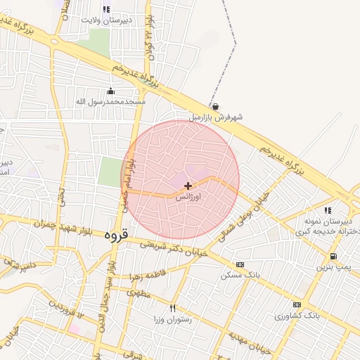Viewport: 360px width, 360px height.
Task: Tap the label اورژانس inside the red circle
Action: coord(188,198)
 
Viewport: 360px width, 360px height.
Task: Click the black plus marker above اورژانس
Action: coord(188,186)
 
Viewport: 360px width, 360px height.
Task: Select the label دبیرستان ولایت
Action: coord(108,21)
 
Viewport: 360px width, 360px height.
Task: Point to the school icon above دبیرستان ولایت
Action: coord(106,9)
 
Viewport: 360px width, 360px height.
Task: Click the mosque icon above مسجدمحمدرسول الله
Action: coord(110,91)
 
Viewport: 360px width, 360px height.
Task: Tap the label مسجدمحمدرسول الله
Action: coord(110,102)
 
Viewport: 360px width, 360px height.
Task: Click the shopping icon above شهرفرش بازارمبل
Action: coord(215,107)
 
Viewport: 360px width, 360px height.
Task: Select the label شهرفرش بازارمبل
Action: coord(215,117)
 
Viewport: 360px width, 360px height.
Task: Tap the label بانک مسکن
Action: coord(240,275)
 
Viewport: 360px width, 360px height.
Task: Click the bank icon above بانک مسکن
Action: coord(240,264)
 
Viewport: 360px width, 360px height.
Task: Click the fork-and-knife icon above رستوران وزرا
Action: coord(173,308)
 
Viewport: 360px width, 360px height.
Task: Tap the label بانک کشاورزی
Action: coord(297,316)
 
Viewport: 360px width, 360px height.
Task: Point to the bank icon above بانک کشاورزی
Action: coord(297,304)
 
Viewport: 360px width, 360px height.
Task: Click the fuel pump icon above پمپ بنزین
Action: coord(333,256)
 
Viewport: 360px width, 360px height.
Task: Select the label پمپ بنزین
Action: coord(331,267)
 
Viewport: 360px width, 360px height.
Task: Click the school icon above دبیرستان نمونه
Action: coord(328,210)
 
